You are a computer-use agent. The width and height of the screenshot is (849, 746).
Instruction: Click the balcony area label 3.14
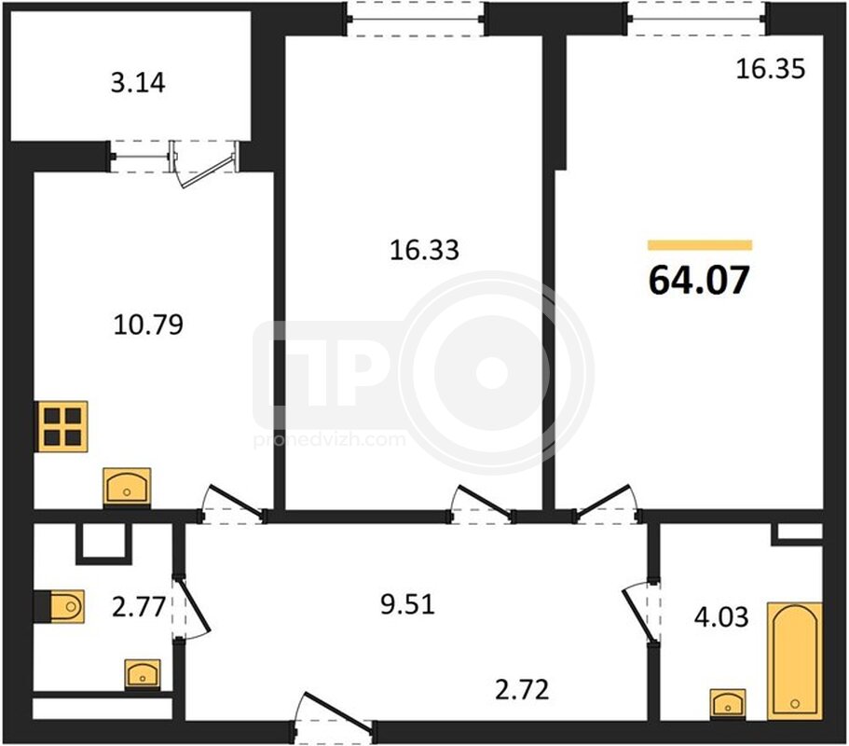pos(138,83)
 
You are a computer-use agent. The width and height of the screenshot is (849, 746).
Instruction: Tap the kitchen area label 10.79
pos(148,324)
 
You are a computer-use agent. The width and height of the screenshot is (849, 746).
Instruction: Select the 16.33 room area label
pos(425,250)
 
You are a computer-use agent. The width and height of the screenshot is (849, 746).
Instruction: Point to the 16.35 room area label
pos(771,69)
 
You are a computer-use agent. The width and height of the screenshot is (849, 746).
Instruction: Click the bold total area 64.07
pos(699,280)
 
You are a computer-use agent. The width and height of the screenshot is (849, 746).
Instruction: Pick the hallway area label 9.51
pos(407,604)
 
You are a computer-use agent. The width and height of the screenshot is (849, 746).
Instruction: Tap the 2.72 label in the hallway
pos(522,689)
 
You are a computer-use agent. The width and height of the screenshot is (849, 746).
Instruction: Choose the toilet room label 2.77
pos(139,606)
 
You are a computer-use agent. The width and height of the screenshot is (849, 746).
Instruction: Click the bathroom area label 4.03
pos(721,616)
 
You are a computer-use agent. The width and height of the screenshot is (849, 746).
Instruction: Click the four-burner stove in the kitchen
pos(62,426)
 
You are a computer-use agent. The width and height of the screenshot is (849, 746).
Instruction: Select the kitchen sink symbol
pos(127,488)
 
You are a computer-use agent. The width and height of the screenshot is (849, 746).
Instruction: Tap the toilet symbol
pos(60,606)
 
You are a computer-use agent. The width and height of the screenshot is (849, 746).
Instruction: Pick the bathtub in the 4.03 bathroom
pos(794,661)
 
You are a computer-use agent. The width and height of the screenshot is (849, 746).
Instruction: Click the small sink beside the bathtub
pos(727,704)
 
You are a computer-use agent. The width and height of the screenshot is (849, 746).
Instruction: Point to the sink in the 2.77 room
pos(143,675)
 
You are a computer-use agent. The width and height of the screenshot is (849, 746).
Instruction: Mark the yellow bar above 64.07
pos(700,245)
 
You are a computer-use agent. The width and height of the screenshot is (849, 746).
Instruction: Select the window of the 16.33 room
pos(416,19)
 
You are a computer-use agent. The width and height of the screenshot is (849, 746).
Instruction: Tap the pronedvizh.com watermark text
pos(329,439)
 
